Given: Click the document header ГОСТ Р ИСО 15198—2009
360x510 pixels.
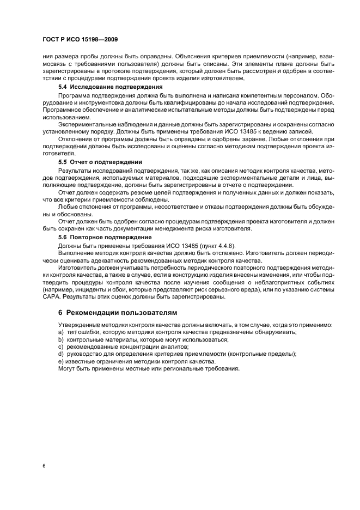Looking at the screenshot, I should click(80, 40).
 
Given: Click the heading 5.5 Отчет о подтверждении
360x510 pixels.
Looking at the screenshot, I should click(100, 162).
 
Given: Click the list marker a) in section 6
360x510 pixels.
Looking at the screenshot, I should click(60, 332).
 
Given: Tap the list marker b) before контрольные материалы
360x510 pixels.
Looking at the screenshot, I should click(60, 339).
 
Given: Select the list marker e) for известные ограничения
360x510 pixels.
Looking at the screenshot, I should click(60, 362).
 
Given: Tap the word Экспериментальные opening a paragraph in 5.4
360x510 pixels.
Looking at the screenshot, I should click(89, 124).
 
